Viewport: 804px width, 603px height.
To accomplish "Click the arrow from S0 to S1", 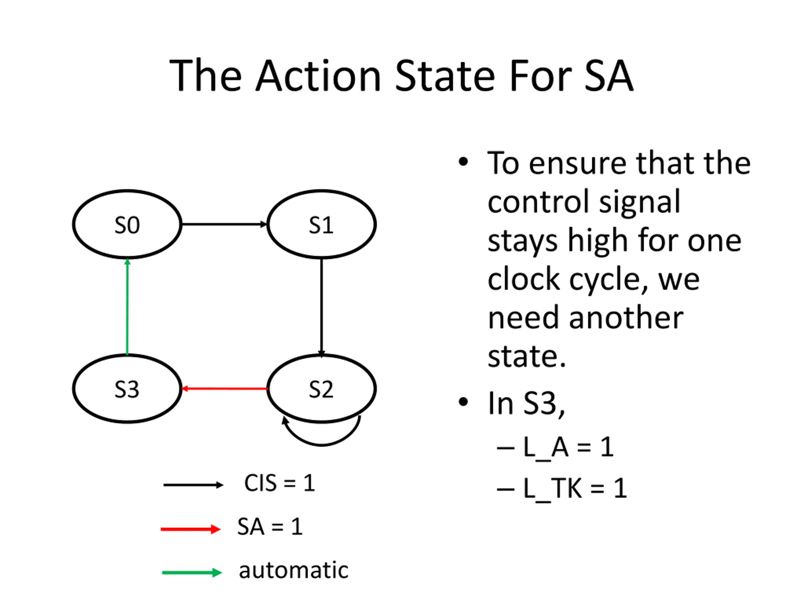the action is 225,224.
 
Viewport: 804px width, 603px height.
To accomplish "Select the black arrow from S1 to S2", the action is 321,307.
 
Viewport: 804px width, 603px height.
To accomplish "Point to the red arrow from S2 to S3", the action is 225,388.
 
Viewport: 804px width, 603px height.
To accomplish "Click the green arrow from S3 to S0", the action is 127,307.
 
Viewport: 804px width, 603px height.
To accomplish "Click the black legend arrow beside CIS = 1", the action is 193,485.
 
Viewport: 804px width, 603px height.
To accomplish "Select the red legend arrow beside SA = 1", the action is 191,529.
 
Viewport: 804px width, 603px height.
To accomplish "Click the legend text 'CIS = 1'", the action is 280,483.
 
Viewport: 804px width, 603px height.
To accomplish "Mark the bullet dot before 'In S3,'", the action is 463,402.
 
